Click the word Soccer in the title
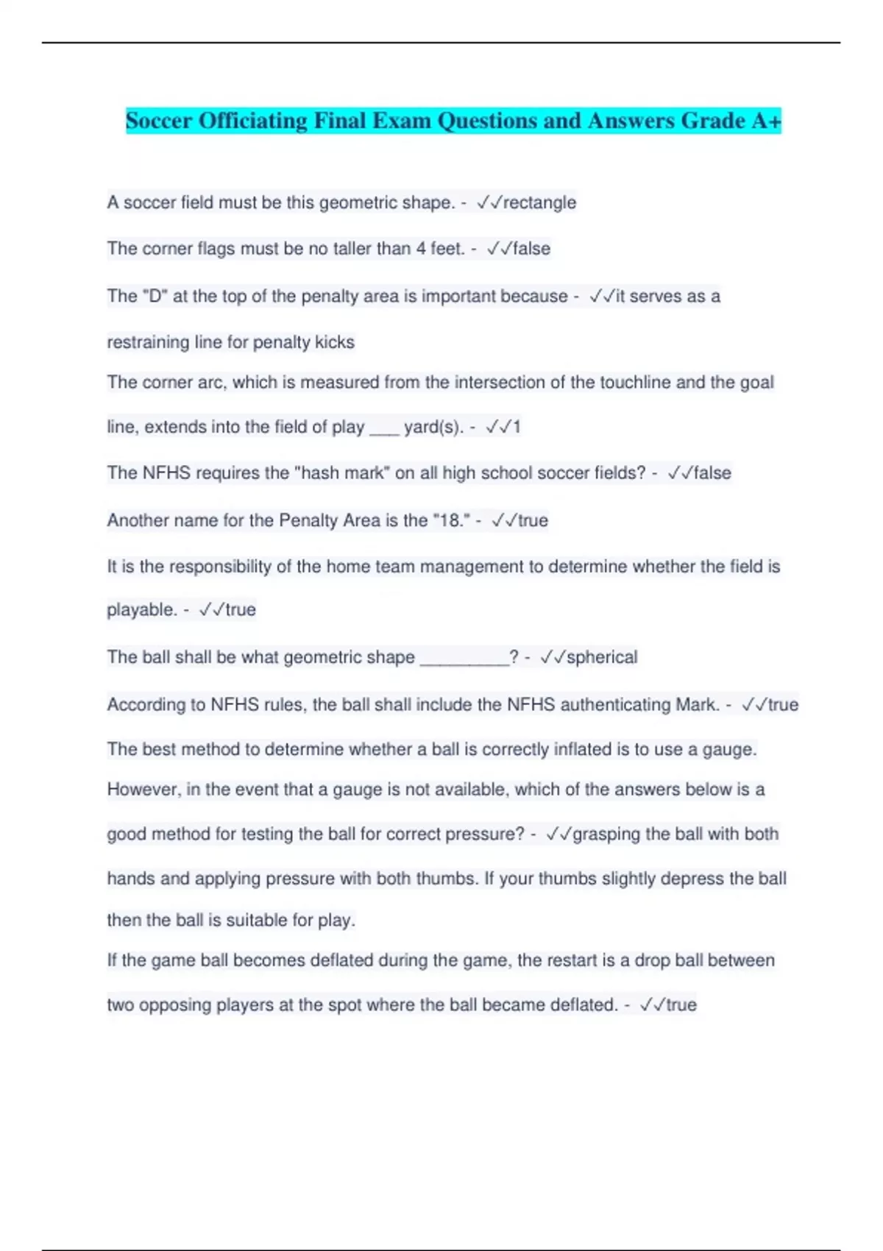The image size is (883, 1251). (159, 121)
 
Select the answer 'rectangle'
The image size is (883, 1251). (539, 202)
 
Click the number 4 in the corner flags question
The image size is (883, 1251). (421, 249)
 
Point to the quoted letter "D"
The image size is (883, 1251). (155, 296)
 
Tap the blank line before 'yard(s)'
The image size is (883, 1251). (383, 428)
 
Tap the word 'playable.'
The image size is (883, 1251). (142, 610)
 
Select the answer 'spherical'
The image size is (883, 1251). (602, 657)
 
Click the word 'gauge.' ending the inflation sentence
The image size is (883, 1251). (730, 749)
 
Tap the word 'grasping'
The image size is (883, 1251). (606, 834)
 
